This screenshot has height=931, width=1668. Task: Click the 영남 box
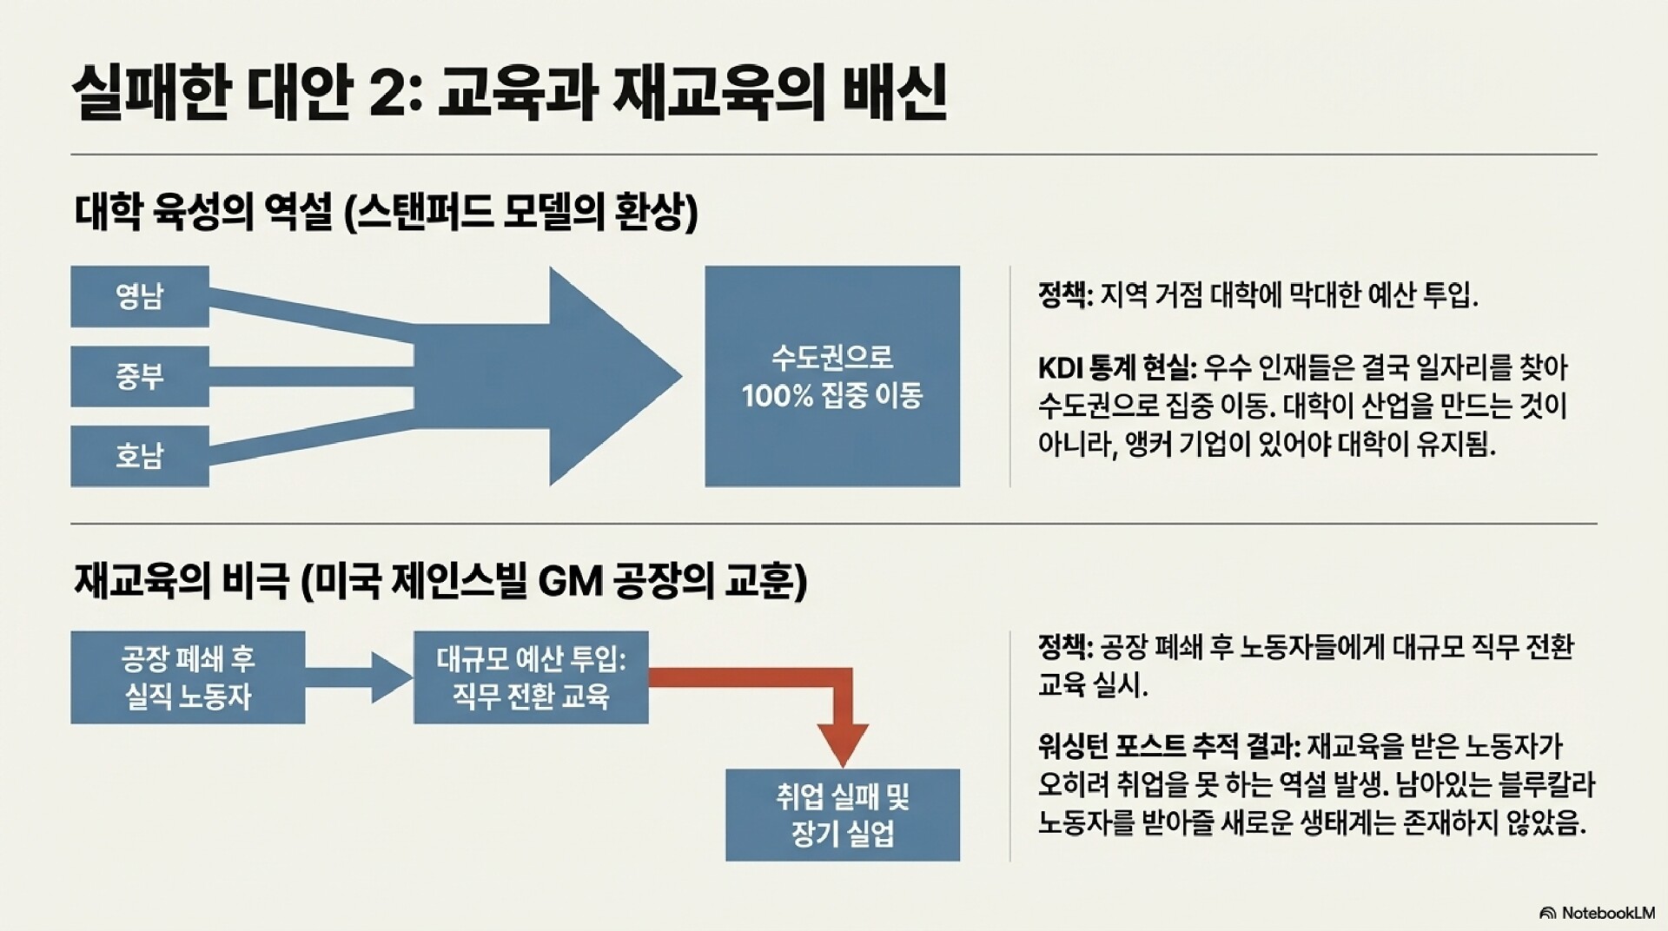pos(140,296)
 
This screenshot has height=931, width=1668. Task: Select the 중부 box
pos(140,376)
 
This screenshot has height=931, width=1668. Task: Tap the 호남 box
pos(140,456)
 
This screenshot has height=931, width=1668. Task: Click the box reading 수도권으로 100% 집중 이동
pos(831,376)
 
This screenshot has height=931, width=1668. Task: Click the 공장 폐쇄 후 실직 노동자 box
pos(188,677)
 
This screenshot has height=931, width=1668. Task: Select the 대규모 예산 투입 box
pos(531,677)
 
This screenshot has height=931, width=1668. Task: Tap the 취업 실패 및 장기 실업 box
pos(842,815)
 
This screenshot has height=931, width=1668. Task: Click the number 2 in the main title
pos(387,94)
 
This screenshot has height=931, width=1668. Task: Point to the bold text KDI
pos(1060,368)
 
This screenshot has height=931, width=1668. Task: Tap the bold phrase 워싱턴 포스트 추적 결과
pos(1168,746)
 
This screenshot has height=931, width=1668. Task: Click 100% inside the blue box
pos(777,396)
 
